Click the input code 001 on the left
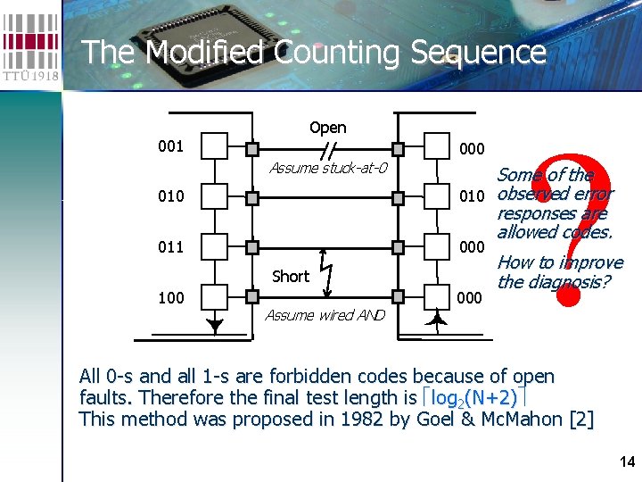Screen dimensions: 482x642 170,145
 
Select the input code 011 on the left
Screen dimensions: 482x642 170,246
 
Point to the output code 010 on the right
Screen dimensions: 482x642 471,195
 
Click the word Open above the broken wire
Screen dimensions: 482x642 327,128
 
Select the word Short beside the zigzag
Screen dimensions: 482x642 290,276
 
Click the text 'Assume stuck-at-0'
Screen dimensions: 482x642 327,167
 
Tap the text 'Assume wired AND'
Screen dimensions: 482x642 325,314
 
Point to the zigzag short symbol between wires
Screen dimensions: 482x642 326,270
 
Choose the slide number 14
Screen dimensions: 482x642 626,461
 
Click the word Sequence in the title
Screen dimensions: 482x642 478,52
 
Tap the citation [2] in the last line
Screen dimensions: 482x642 580,420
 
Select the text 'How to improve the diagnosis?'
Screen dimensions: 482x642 559,272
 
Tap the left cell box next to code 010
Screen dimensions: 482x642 215,196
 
